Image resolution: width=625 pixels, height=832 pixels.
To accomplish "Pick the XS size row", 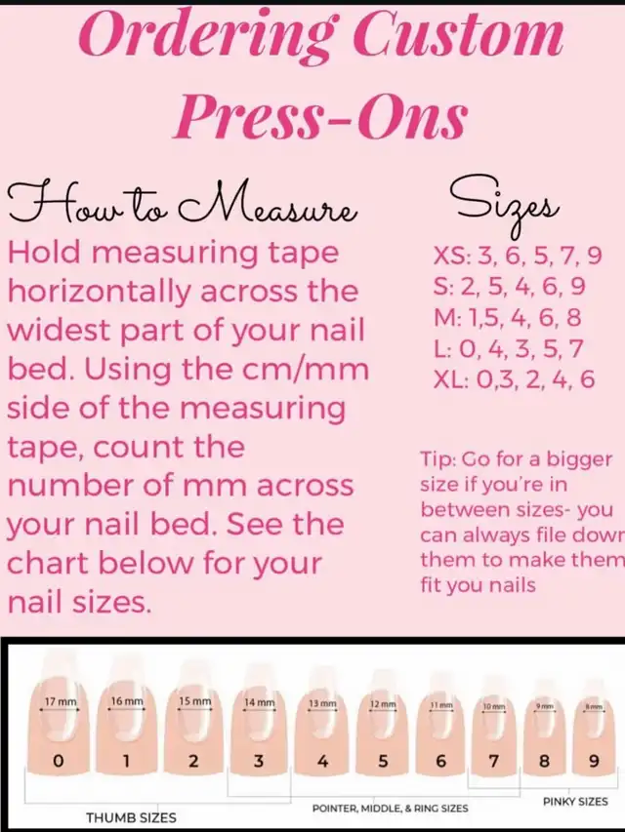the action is pyautogui.click(x=518, y=256).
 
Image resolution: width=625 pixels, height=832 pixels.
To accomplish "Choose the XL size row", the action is pyautogui.click(x=514, y=379).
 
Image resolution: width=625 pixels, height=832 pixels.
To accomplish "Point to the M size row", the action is pyautogui.click(x=507, y=317).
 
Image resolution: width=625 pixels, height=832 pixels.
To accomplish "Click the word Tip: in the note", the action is pyautogui.click(x=437, y=459).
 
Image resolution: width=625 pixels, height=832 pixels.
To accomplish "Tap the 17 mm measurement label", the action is pyautogui.click(x=61, y=701).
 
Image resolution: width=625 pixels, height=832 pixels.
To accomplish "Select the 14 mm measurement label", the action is pyautogui.click(x=260, y=702).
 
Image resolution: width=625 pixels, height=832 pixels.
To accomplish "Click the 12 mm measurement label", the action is pyautogui.click(x=383, y=704).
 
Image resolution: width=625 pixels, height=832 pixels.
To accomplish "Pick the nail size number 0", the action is pyautogui.click(x=59, y=761).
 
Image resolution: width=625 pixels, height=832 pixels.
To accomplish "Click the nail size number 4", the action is pyautogui.click(x=322, y=761).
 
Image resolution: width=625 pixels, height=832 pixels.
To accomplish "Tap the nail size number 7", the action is pyautogui.click(x=494, y=762).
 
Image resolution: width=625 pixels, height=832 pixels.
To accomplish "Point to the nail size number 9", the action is pyautogui.click(x=594, y=762).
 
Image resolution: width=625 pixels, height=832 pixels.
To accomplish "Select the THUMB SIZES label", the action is pyautogui.click(x=131, y=817).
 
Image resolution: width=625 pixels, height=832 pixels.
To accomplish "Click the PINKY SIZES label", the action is pyautogui.click(x=575, y=801).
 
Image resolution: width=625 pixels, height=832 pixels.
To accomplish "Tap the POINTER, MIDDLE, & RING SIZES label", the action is pyautogui.click(x=390, y=809).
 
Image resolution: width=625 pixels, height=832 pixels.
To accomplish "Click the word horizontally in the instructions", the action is pyautogui.click(x=99, y=292).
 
